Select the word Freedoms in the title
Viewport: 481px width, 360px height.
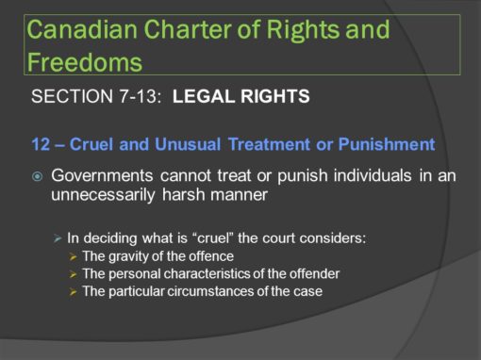[85, 61]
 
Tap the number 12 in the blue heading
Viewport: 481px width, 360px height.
[41, 144]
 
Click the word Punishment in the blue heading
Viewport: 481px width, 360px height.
[383, 144]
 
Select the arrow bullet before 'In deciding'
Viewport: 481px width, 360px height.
[58, 238]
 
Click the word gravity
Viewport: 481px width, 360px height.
[132, 256]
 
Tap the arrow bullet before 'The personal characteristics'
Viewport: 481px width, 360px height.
[74, 274]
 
